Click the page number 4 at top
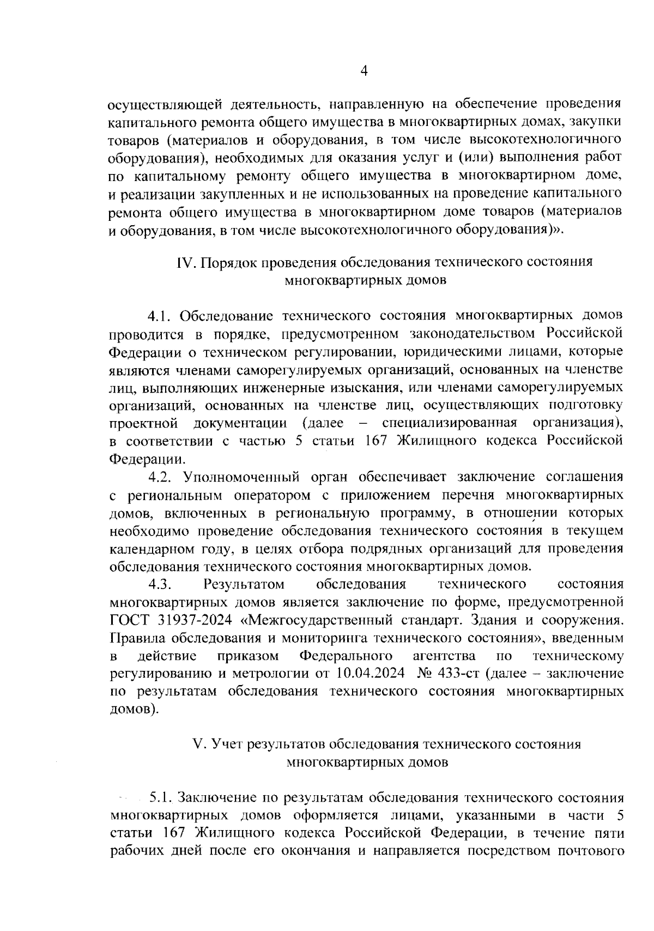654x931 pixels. pyautogui.click(x=364, y=71)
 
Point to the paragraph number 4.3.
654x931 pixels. pyautogui.click(x=160, y=585)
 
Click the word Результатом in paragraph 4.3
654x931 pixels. pyautogui.click(x=244, y=585)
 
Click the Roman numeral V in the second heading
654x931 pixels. pyautogui.click(x=198, y=744)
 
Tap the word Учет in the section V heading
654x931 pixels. pyautogui.click(x=226, y=744)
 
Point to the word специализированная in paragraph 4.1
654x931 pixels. pyautogui.click(x=450, y=423)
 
